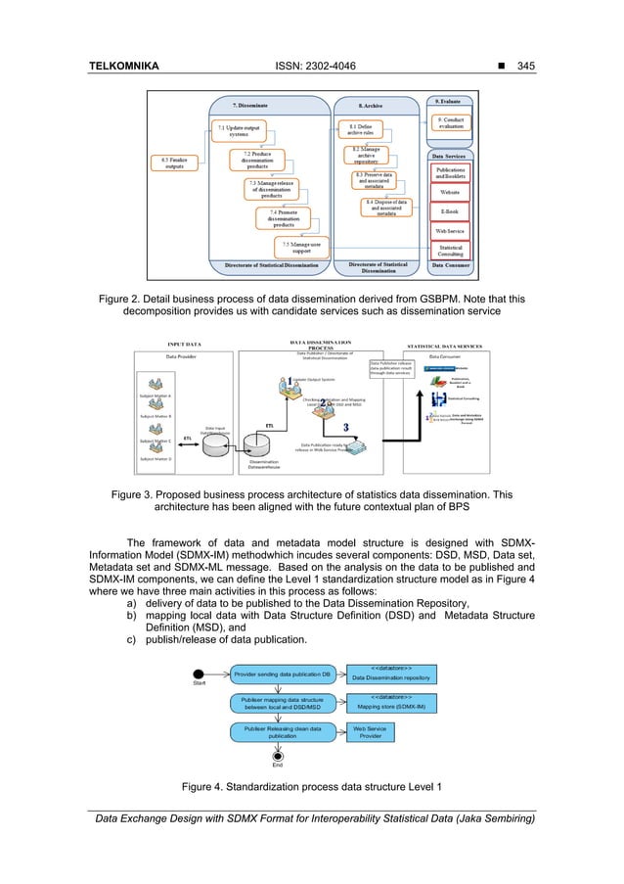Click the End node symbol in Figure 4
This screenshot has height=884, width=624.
pos(278,756)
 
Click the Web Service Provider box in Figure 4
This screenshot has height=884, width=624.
pos(371,731)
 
